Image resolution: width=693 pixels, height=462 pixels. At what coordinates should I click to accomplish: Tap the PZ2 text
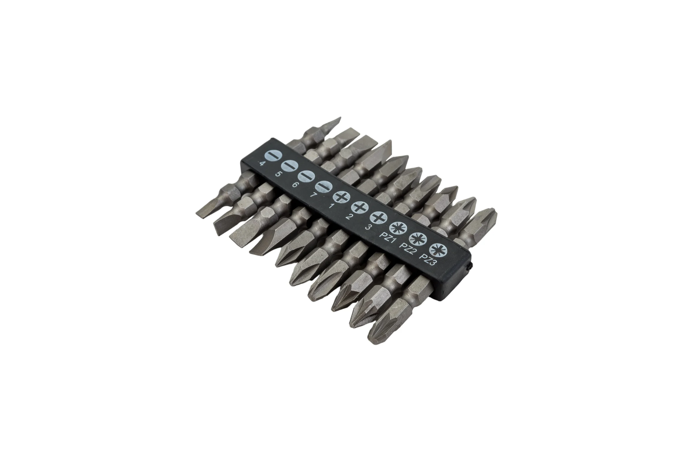coord(407,249)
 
